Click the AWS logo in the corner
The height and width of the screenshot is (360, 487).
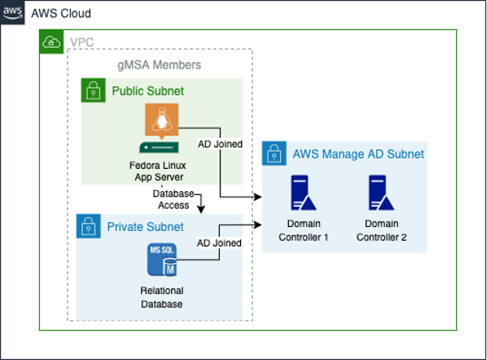[13, 14]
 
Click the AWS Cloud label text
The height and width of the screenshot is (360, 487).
[60, 14]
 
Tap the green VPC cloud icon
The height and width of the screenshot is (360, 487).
[52, 43]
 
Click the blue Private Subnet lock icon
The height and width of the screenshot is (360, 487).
[88, 226]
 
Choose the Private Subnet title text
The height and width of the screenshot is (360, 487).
[146, 227]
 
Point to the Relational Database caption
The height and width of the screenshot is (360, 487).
[162, 297]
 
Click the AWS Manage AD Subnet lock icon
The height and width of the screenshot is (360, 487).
[274, 154]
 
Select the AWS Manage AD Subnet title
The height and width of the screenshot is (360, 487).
[358, 154]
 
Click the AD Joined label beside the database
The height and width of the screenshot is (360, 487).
[219, 242]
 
